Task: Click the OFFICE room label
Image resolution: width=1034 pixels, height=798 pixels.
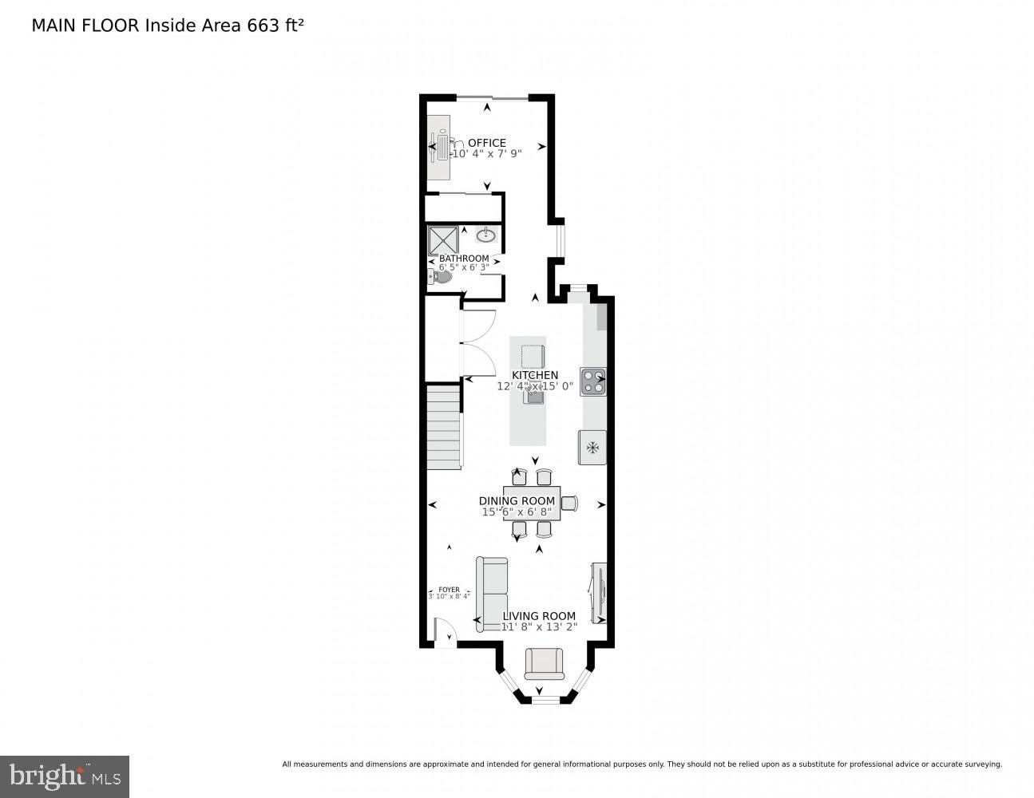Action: click(486, 143)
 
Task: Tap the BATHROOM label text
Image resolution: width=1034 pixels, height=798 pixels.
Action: click(464, 259)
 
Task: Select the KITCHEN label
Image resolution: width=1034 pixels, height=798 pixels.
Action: click(535, 375)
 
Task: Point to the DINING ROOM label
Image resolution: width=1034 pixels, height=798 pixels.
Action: click(517, 501)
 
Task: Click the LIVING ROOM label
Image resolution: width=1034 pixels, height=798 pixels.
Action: click(539, 616)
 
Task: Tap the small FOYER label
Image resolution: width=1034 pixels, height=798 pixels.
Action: click(449, 590)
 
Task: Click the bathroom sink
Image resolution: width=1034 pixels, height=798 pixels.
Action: click(486, 235)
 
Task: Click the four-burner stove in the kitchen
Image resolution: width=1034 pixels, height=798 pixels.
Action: click(593, 381)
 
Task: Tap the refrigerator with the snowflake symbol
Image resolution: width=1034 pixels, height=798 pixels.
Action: click(592, 448)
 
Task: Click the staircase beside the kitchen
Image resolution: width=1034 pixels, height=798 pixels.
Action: click(443, 427)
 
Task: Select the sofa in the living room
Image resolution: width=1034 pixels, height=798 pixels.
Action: click(492, 594)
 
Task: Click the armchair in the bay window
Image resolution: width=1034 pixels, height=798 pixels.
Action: click(544, 663)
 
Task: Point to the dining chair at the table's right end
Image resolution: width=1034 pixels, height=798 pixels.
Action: click(569, 503)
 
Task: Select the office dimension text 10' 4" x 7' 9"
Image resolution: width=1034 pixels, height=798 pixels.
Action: click(486, 154)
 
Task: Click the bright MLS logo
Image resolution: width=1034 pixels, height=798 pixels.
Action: click(65, 776)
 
